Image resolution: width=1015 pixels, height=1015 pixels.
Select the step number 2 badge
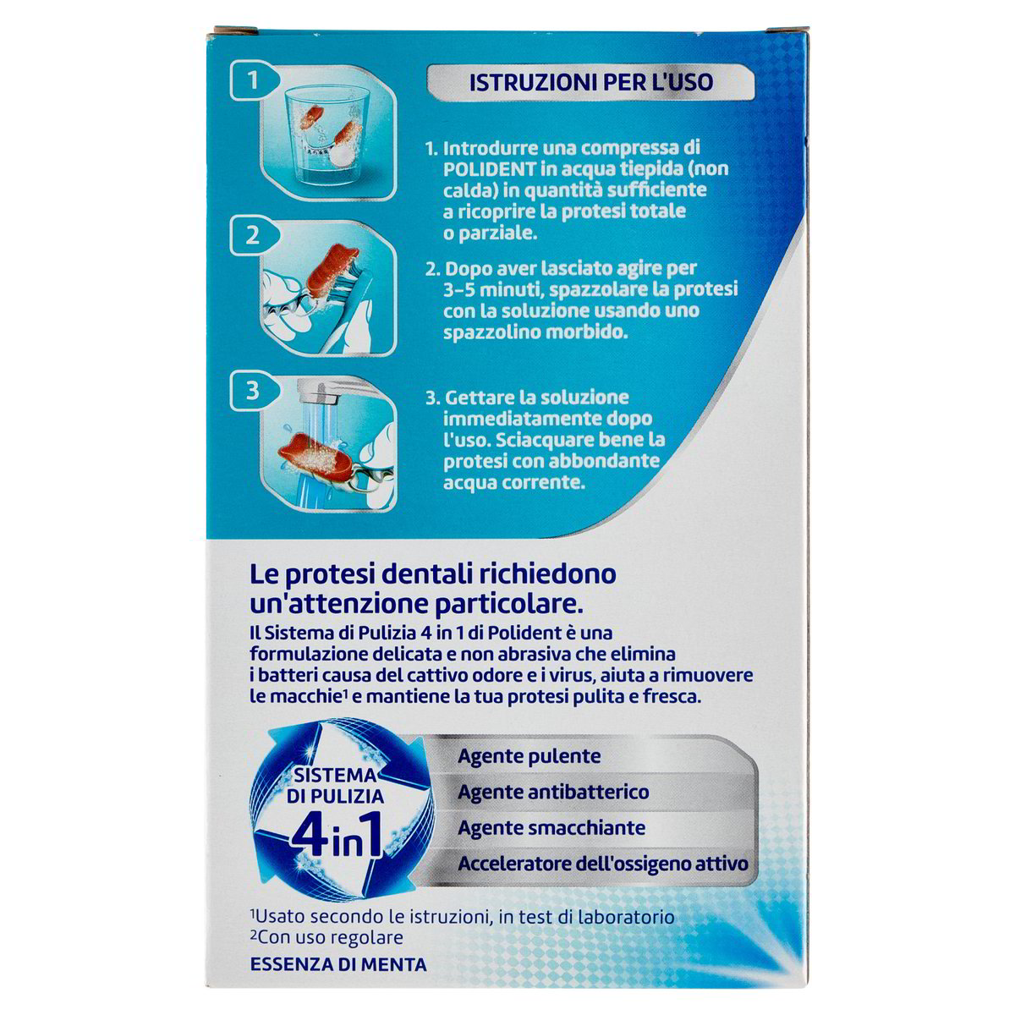(252, 236)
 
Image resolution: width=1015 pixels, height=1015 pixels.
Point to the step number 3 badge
(252, 391)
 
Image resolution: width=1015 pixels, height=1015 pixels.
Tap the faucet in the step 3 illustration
(326, 396)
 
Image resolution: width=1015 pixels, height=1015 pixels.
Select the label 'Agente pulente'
(529, 756)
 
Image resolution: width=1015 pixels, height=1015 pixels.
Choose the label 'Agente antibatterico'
(553, 792)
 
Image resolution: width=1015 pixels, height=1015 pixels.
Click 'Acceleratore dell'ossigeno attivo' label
(602, 864)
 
